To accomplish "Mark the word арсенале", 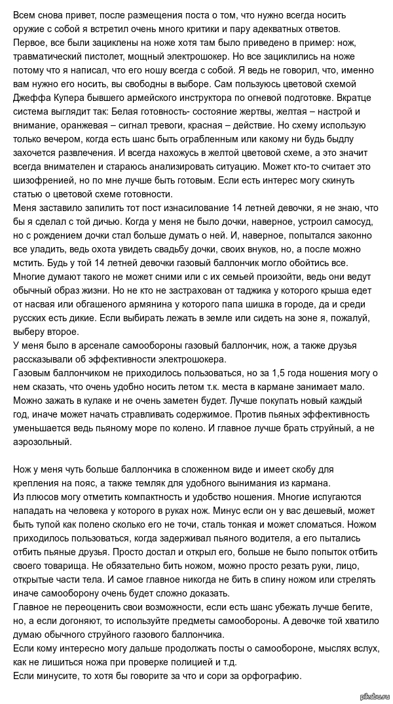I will coord(90,346).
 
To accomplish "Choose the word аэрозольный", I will coord(43,442).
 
